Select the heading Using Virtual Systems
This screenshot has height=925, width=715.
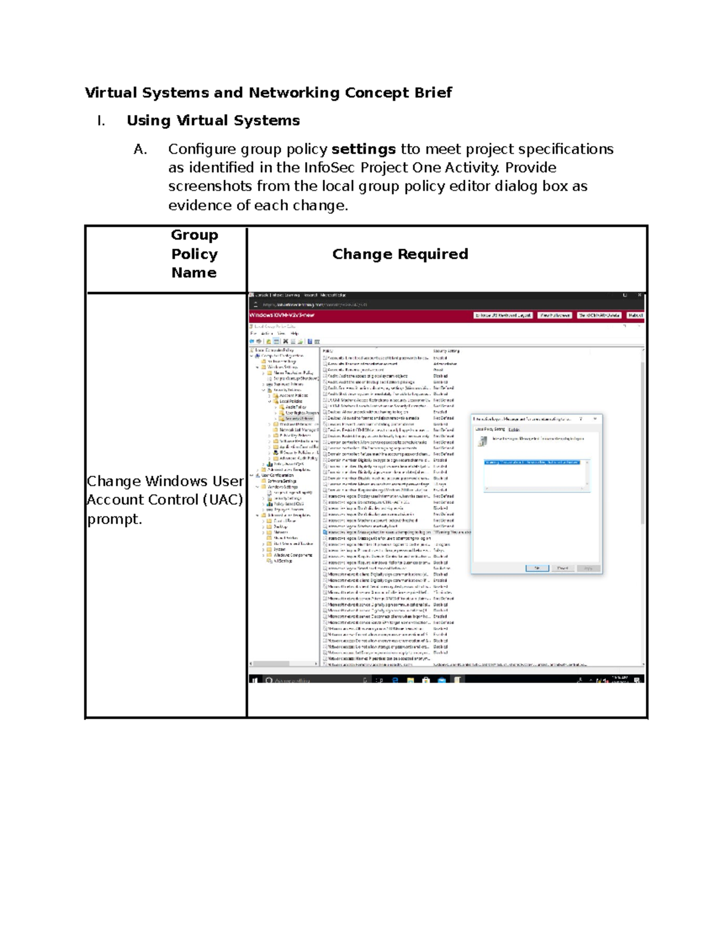pos(213,120)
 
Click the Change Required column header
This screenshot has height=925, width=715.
pos(400,254)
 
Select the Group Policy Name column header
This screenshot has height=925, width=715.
pos(194,254)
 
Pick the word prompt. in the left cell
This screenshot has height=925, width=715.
pos(114,519)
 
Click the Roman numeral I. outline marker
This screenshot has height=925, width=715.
pos(101,121)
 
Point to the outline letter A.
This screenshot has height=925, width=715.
pos(140,149)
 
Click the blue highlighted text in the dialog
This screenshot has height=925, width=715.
pos(531,462)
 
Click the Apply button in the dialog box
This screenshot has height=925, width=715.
pos(588,568)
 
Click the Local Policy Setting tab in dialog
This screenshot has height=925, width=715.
pos(490,429)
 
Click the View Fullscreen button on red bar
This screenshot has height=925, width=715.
pos(555,315)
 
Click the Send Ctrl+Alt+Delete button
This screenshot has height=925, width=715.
pos(599,315)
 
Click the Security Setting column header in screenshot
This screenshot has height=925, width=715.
pos(446,351)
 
